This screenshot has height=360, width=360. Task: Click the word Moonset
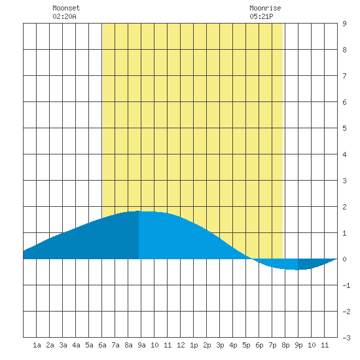click(66, 8)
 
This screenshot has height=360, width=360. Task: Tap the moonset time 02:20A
click(64, 16)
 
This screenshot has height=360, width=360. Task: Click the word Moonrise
click(265, 8)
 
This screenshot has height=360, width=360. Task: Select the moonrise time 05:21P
click(261, 16)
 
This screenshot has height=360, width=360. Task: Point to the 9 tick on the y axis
click(344, 24)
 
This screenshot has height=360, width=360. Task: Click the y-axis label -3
click(346, 338)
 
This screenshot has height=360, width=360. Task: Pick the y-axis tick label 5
click(344, 128)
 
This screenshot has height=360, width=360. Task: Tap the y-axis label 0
click(344, 259)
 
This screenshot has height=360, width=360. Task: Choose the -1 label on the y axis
click(346, 285)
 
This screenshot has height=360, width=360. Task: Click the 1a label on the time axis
click(37, 345)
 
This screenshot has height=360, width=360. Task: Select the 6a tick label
click(102, 345)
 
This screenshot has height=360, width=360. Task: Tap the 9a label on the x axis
click(141, 345)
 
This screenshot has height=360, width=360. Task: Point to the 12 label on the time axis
click(181, 345)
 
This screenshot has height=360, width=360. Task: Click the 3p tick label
click(220, 345)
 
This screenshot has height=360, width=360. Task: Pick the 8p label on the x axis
click(285, 345)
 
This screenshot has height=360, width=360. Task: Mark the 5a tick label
click(89, 345)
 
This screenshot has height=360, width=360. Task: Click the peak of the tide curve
click(139, 211)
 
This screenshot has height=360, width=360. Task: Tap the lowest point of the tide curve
click(298, 270)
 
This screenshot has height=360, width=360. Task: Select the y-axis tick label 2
click(344, 207)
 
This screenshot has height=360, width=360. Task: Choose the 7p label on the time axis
click(272, 345)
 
